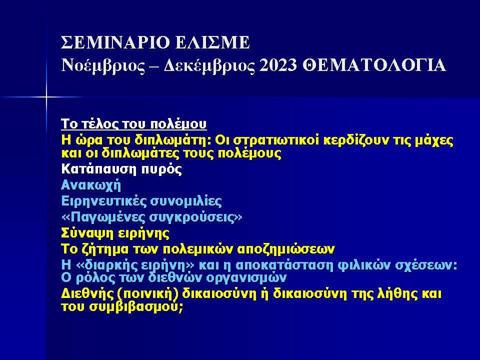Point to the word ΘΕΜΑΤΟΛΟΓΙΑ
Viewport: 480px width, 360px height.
[374, 65]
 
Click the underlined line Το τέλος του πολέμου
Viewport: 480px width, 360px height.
[133, 124]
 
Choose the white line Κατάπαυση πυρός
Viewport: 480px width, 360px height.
[121, 169]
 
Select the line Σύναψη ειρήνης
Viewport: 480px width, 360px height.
[115, 233]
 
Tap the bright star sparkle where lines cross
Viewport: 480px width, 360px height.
[45, 95]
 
